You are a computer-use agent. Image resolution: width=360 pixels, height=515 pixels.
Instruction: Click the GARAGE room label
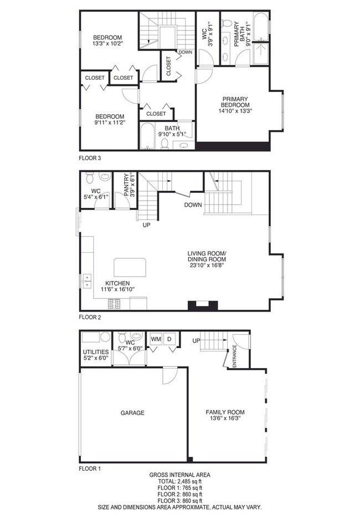coord(133,413)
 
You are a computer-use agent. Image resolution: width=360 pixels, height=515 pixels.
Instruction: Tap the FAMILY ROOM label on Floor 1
coord(225,412)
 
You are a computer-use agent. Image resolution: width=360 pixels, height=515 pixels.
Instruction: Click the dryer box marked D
coord(171,338)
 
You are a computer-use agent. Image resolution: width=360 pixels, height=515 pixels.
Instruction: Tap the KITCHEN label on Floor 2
coord(115,283)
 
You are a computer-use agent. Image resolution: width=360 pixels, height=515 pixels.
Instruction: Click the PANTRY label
coord(126,185)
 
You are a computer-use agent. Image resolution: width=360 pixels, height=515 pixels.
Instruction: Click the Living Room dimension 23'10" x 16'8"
coord(207,265)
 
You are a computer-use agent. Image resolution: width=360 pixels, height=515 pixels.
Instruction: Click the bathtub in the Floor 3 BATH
coord(147,136)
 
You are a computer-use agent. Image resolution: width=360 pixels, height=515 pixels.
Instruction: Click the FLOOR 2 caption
coord(90,318)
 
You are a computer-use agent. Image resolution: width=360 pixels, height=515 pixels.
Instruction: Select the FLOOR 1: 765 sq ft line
coord(180,488)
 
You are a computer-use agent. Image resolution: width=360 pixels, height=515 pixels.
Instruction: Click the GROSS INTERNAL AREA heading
coord(180,475)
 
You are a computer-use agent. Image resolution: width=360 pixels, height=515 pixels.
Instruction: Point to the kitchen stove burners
coord(115,304)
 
